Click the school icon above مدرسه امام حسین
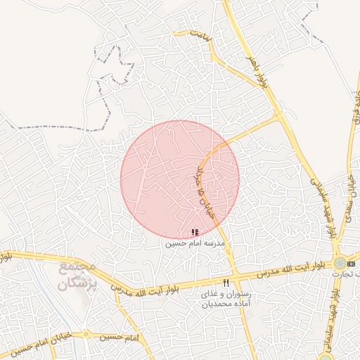tap(195, 232)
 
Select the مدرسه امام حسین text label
tap(195, 243)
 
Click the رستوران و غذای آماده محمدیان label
tap(226, 298)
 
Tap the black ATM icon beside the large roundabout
tap(352, 262)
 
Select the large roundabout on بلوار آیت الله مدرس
tap(341, 262)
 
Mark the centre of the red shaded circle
tap(180, 179)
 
